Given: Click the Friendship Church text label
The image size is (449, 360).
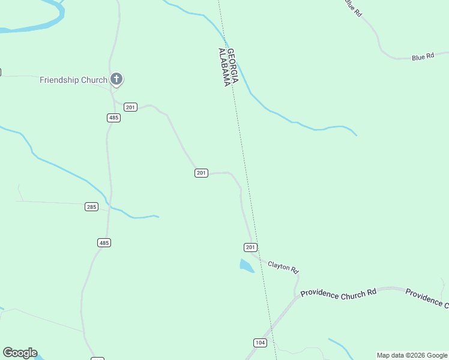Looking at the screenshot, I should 73,80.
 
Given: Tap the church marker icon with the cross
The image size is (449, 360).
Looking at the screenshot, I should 116,79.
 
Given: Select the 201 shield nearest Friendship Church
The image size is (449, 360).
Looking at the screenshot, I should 131,107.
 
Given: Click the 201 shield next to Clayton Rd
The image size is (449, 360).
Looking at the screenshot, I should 251,247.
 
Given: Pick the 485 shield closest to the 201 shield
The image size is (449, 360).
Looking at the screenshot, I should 114,118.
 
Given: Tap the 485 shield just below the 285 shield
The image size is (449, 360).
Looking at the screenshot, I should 104,242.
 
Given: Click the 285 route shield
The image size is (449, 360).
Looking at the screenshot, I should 91,207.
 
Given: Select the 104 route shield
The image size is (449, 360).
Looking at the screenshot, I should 260,343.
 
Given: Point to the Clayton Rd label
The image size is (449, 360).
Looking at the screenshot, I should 283,266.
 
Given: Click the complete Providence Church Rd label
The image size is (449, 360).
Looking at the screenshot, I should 338,293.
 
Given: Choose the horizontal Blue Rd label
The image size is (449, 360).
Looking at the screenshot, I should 423,57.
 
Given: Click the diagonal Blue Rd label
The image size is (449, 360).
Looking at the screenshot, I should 353,7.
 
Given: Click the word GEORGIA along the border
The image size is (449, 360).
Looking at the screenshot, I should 235,66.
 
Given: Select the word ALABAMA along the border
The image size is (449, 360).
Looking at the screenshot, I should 226,67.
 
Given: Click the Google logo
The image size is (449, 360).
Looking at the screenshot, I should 20,353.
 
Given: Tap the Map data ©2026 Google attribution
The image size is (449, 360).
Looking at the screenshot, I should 412,355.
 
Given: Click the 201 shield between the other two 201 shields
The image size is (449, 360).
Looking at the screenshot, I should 201,173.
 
